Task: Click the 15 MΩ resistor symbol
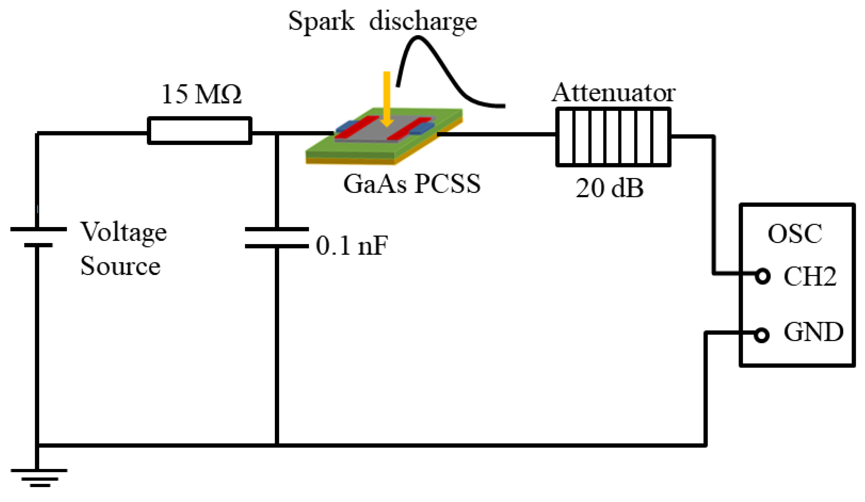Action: pos(200,130)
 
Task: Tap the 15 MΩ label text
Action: pos(201,94)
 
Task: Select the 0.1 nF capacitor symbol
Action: pos(277,238)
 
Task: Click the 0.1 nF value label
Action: pos(352,246)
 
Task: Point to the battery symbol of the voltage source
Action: pos(38,237)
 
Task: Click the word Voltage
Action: pos(124,232)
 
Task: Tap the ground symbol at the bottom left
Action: pos(39,477)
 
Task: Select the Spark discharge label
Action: pos(382,21)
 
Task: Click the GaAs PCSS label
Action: pos(412,184)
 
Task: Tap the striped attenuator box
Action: pos(613,137)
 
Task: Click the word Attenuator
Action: pos(613,93)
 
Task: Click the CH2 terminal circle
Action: pos(763,276)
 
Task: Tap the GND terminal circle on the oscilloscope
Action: pos(761,335)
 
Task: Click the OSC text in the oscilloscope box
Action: pos(795,234)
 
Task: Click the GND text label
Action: pos(813,332)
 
